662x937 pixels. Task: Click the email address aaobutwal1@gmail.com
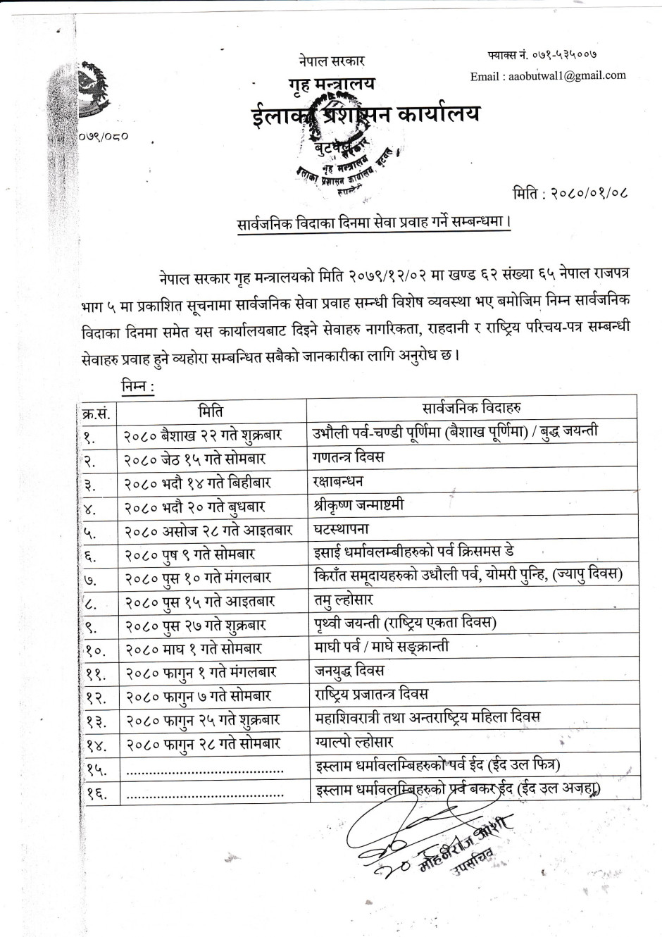tap(548, 76)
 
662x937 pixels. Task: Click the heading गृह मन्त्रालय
tap(332, 85)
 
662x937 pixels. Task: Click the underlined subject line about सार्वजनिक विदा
tap(373, 222)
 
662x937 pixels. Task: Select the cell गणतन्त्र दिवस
tap(349, 457)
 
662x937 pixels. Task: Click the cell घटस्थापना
tap(342, 529)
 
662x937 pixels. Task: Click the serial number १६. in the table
tap(96, 795)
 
